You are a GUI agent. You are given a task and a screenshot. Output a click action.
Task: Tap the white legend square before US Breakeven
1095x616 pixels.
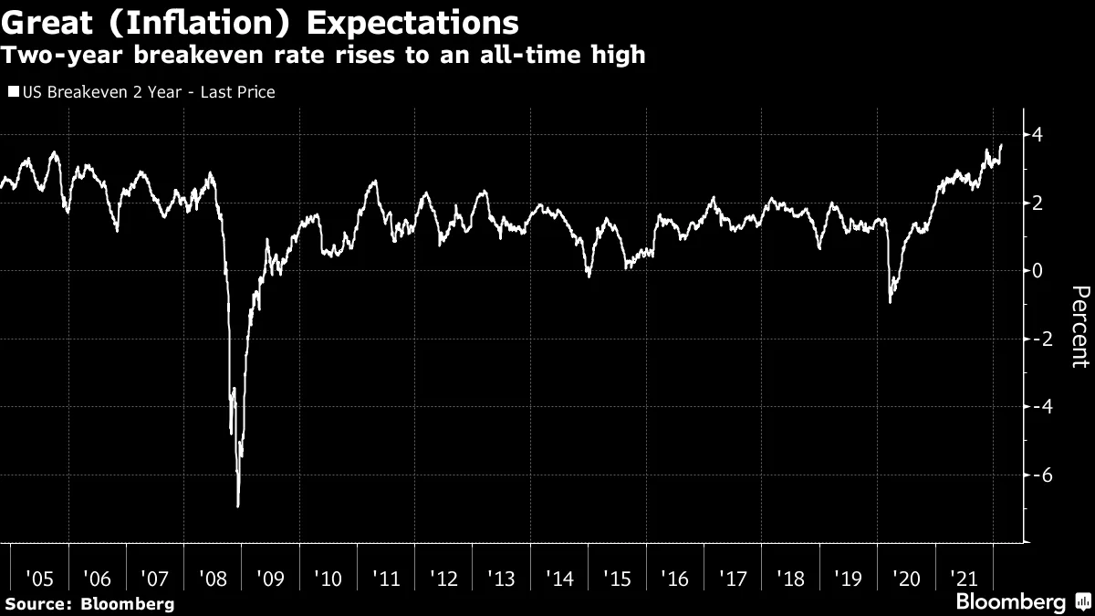12,92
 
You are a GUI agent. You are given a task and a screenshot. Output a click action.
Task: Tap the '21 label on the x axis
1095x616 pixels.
963,578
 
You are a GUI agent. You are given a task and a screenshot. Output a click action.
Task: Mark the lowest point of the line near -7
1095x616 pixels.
238,505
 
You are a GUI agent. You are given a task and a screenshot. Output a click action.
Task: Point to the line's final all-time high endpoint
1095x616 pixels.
1001,145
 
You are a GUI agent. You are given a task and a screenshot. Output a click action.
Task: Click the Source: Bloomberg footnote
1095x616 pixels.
89,603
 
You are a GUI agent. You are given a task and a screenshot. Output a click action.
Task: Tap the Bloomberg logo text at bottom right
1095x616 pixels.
1010,601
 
